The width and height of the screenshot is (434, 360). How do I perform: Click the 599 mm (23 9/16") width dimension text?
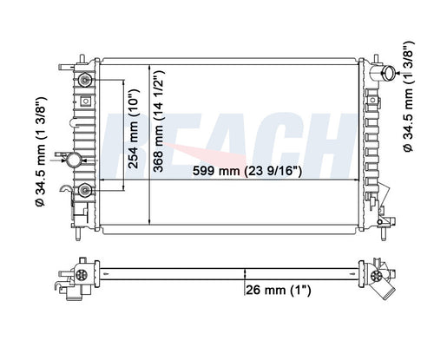(247, 171)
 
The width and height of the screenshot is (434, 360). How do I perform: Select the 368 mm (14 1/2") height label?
(159, 121)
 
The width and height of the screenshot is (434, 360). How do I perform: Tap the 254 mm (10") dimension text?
(134, 128)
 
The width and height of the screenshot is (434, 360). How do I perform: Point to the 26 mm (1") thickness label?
(278, 290)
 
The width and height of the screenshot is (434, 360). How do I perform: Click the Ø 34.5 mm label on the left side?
(41, 152)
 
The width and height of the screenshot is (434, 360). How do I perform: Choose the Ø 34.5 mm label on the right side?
(408, 96)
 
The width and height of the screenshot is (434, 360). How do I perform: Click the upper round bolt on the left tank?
(85, 80)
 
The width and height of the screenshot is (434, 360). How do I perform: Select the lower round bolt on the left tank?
(85, 190)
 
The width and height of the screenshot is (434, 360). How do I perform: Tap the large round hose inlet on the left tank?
(74, 160)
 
